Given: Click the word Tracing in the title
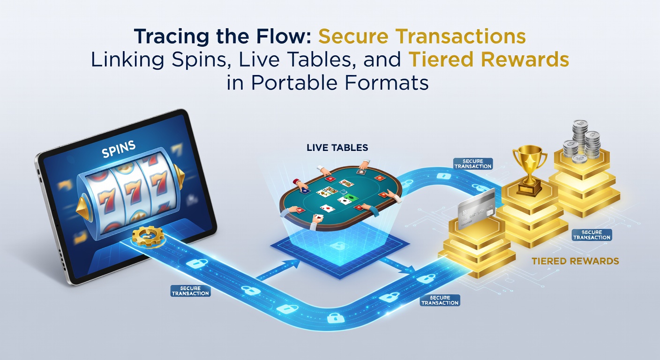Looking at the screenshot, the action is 172,37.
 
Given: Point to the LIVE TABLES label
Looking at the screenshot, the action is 337,148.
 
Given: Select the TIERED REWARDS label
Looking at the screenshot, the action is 575,261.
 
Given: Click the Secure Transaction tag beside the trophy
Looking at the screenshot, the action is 472,164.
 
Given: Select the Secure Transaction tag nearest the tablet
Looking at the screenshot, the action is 190,291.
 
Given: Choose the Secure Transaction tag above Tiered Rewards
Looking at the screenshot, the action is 592,235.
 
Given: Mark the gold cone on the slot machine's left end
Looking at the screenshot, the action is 84,209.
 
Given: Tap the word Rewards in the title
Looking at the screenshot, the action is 525,60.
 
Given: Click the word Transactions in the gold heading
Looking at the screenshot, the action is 460,37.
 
